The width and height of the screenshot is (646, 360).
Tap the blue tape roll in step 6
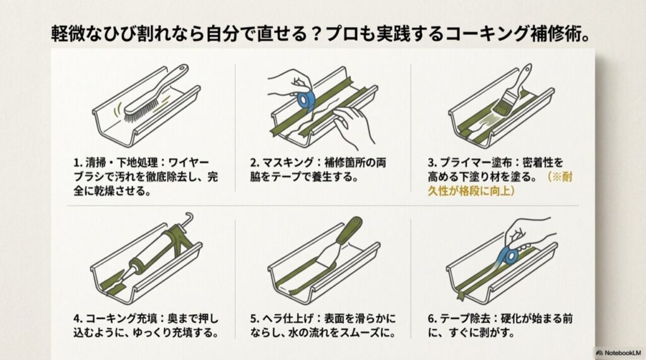(509, 255)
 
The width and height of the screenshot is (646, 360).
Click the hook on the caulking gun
(187, 221)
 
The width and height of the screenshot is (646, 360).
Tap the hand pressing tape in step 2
(354, 123)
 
